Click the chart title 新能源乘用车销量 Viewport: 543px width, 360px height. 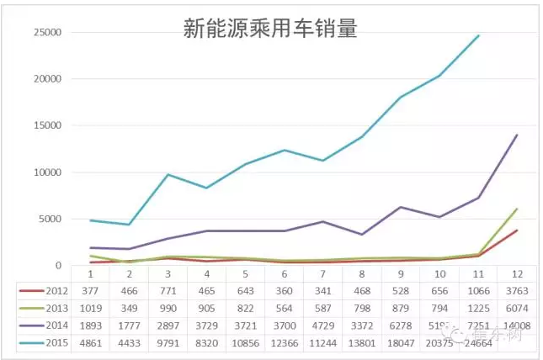click(x=270, y=29)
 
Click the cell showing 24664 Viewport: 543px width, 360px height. click(x=476, y=343)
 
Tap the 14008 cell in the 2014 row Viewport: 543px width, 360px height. click(x=514, y=326)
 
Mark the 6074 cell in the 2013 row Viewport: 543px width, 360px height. click(x=514, y=308)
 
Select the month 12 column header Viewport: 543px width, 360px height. click(x=514, y=274)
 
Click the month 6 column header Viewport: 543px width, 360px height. click(x=283, y=274)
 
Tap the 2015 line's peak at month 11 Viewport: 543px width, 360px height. click(x=478, y=36)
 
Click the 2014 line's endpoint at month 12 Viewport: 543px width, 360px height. click(x=516, y=135)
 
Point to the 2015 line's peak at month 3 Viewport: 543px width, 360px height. click(x=168, y=175)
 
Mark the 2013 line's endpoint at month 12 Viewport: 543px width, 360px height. click(x=516, y=209)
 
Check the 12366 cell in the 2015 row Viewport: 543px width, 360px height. click(x=283, y=343)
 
